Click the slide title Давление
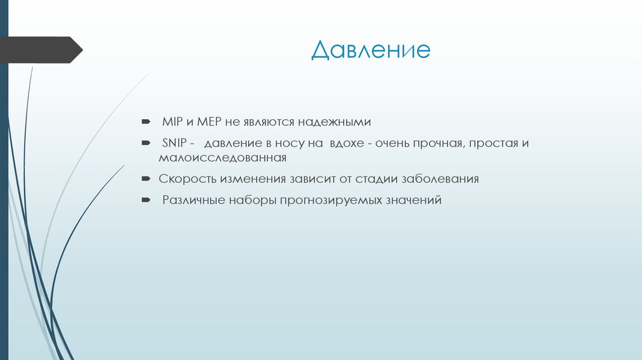point(371,49)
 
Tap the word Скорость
point(187,179)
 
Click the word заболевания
point(439,179)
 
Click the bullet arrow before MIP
point(145,120)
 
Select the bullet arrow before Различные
point(145,200)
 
